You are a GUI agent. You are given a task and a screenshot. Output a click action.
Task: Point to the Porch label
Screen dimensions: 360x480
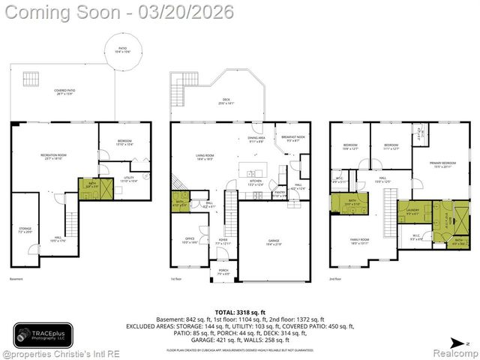pos(223,272)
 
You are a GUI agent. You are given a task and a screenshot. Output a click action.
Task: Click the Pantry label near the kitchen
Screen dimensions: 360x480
pos(279,194)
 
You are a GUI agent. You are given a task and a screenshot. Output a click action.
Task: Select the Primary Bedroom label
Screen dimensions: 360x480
pos(440,164)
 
